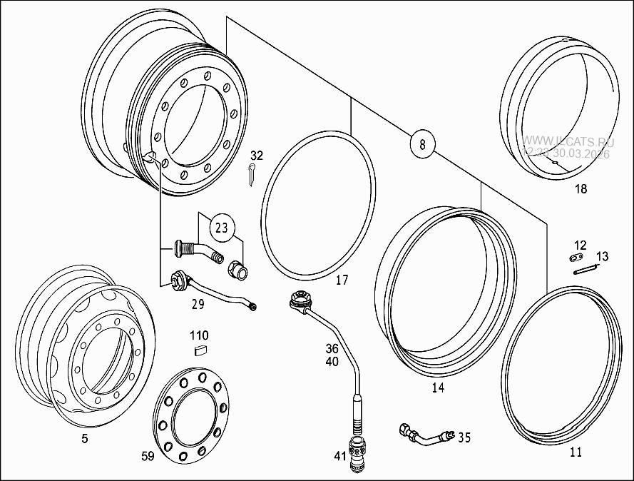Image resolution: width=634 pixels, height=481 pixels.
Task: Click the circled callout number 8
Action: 422,144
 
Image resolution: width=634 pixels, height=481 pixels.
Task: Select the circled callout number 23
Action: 222,228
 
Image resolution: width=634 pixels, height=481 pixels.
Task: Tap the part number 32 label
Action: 257,156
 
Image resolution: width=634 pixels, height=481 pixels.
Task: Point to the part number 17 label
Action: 342,280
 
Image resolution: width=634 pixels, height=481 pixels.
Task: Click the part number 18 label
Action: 581,189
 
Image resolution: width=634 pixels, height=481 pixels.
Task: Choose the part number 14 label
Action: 437,388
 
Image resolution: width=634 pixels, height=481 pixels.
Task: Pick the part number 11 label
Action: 576,452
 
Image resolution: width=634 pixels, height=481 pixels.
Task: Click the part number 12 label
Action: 580,245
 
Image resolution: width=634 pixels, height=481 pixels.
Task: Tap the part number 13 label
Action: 602,257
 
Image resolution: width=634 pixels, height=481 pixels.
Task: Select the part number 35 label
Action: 464,437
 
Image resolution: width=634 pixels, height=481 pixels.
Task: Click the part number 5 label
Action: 84,439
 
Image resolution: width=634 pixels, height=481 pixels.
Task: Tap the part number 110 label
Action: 199,335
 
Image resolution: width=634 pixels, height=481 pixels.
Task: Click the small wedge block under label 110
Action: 200,349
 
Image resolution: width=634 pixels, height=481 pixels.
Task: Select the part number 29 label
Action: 198,304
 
